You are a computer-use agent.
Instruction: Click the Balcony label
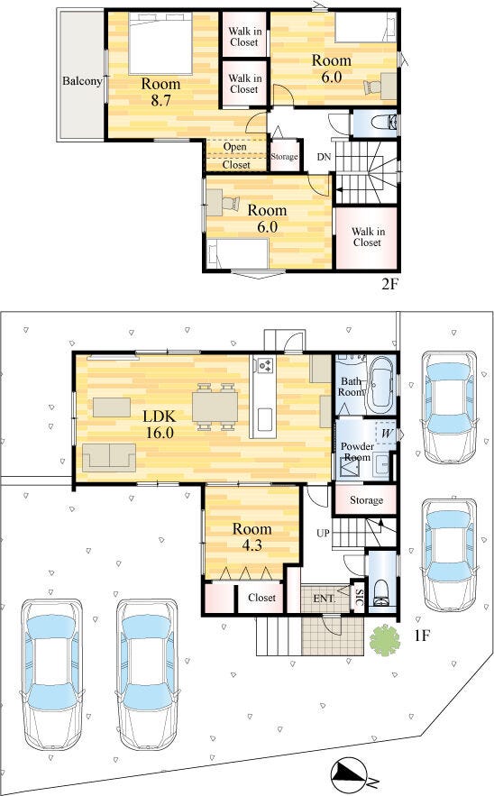(82, 81)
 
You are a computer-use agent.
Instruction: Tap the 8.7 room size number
(160, 101)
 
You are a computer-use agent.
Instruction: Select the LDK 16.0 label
(160, 425)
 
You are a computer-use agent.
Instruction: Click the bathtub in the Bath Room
(380, 383)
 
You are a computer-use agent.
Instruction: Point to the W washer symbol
(387, 434)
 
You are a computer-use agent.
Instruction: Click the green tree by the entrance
(384, 639)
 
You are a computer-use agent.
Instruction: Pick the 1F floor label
(421, 636)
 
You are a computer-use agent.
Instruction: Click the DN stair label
(324, 157)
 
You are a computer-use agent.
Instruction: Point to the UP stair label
(323, 533)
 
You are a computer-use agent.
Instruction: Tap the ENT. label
(325, 599)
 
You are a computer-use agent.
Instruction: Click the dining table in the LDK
(215, 407)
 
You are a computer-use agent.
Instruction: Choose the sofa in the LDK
(109, 457)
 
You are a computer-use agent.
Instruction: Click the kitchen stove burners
(265, 365)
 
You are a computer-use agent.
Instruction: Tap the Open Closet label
(235, 156)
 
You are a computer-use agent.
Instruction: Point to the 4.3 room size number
(252, 545)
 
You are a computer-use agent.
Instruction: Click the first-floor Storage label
(366, 500)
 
